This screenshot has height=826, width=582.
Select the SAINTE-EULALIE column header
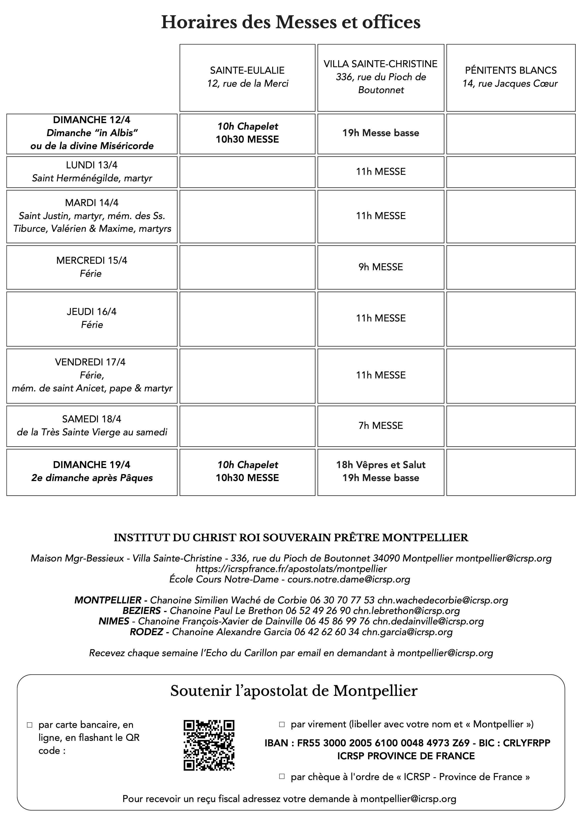(x=247, y=70)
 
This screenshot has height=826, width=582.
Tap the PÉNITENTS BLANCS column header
(x=510, y=70)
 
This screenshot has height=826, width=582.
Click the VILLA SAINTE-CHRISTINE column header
(x=380, y=64)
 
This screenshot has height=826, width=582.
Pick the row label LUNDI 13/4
(x=92, y=165)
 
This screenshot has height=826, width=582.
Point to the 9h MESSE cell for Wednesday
(x=380, y=267)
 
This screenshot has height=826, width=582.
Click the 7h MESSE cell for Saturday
(x=380, y=426)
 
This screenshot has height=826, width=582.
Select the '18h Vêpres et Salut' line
(x=380, y=465)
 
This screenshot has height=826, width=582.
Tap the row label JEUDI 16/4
(x=92, y=311)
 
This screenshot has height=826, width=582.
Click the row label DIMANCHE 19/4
(x=92, y=465)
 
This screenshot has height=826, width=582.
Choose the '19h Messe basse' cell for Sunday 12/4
(x=380, y=133)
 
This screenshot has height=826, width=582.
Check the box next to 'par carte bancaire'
(x=30, y=725)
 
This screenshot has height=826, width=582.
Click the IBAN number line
(x=407, y=743)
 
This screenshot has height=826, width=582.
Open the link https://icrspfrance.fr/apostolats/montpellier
(x=291, y=569)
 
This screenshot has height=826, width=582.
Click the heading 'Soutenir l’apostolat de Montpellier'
(x=294, y=691)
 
